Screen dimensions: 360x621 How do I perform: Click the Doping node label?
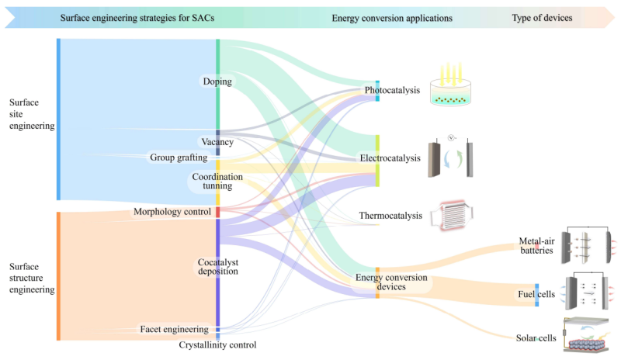(x=218, y=81)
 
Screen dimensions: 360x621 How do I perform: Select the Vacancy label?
(x=217, y=142)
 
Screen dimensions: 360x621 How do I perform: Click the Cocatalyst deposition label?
(x=217, y=266)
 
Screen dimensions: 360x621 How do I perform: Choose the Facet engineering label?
(x=174, y=329)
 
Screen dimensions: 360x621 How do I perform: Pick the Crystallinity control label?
(x=217, y=344)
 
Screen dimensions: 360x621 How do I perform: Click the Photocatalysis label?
(x=392, y=90)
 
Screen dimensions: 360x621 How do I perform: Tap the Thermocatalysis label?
(x=390, y=215)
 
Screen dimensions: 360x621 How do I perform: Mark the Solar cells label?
(x=536, y=337)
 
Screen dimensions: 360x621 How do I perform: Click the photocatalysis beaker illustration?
(x=453, y=85)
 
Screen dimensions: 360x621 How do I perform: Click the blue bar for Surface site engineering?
(x=58, y=119)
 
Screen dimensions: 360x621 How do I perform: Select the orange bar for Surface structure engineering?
(x=58, y=275)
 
